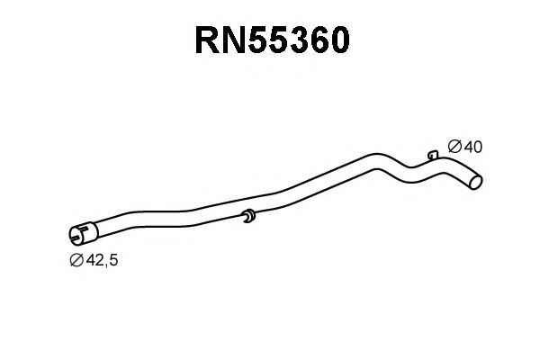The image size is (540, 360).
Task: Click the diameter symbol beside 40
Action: [x=454, y=146]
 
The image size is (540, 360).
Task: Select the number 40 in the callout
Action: [x=472, y=146]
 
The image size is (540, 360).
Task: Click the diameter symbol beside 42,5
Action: [x=76, y=260]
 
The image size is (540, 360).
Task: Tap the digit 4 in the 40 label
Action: [x=467, y=146]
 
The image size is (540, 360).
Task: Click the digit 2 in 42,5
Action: [x=98, y=260]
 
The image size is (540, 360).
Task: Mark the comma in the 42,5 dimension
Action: [x=105, y=264]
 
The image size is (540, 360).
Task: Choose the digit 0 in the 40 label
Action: [x=478, y=146]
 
